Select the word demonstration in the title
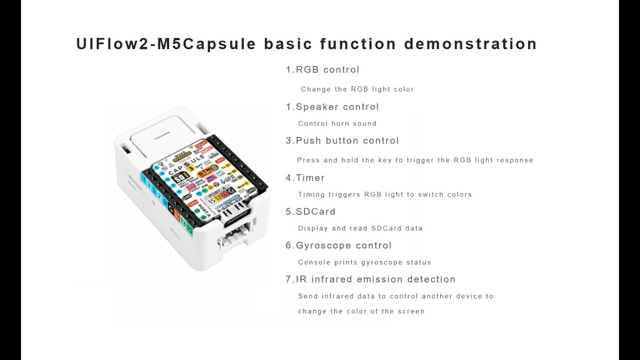(470, 44)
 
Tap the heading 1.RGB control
(322, 69)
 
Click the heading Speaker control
(337, 106)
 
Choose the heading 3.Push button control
(342, 140)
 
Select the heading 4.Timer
(305, 177)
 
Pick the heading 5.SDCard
(310, 211)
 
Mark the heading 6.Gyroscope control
(338, 245)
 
